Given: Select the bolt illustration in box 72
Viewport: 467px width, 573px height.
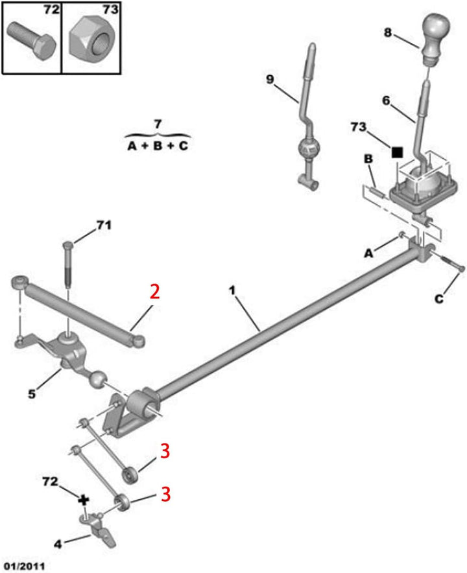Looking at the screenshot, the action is (x=32, y=41).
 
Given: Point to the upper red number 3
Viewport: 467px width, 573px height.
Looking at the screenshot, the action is (x=165, y=451).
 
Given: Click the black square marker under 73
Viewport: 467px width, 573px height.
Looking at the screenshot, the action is (x=397, y=152).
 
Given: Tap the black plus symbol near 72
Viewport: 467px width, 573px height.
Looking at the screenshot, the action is (x=84, y=500).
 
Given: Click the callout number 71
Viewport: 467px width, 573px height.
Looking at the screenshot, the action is (x=104, y=225).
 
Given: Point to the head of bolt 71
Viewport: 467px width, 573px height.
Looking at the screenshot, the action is (x=68, y=245).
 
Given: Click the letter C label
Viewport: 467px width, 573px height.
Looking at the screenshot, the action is (x=439, y=299).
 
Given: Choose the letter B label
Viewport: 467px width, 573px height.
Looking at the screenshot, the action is (x=368, y=159).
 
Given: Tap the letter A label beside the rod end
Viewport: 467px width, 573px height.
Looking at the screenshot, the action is (x=368, y=253).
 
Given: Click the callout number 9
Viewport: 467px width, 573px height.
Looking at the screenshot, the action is (x=270, y=79).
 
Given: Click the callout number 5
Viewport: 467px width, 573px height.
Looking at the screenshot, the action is (x=32, y=394).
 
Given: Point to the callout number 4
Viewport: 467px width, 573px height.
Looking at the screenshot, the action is (x=58, y=544).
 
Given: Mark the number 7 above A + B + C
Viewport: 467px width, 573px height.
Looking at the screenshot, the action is (x=157, y=124).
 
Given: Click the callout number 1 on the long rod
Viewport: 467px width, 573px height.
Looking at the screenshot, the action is (x=232, y=291).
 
